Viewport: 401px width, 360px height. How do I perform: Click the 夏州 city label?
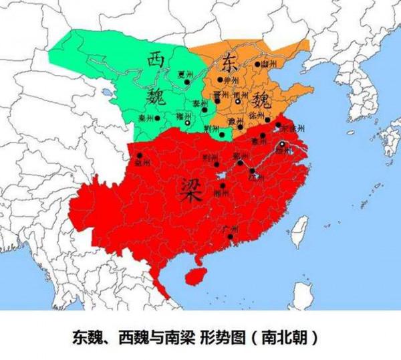[x=184, y=74]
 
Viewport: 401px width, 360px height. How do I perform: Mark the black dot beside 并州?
[x=220, y=80]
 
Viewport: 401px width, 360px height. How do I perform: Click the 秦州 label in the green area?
[x=145, y=117]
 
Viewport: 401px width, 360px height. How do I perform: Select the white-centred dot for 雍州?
[x=188, y=123]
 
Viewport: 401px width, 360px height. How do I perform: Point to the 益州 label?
[x=142, y=163]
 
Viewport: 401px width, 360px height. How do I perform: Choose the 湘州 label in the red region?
[x=225, y=193]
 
